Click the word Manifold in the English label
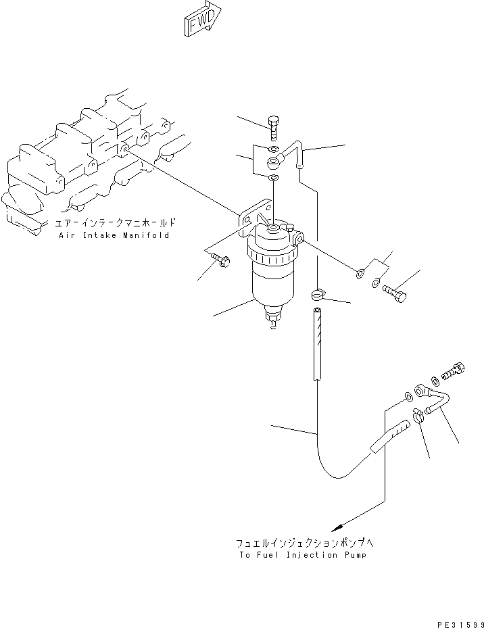[147, 235]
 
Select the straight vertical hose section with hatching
[318, 345]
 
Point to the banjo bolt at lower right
[450, 369]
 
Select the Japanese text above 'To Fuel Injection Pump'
[301, 543]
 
